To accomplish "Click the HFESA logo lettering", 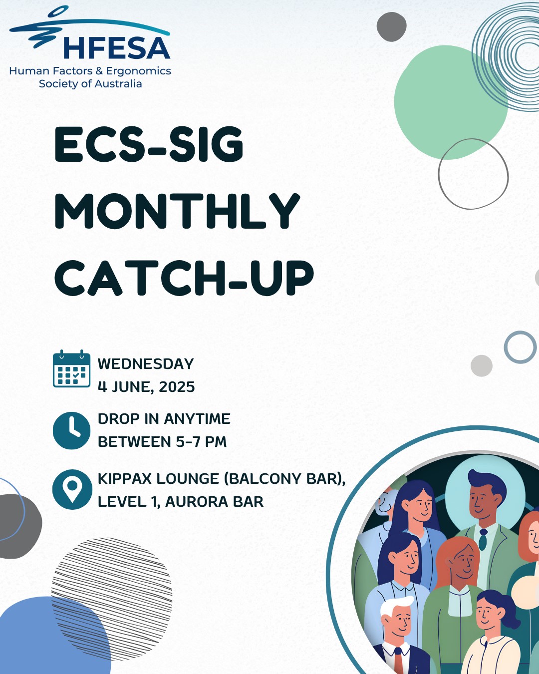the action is coord(117,48).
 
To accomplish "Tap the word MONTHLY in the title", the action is coord(177,211).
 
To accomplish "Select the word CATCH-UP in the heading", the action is coord(184,278).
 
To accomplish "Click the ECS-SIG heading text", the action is coord(149,144).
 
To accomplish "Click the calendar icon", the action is coord(72,368).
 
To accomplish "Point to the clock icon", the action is coord(72,431).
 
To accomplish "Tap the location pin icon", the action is coord(72,489).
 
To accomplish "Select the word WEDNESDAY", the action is coord(146,364).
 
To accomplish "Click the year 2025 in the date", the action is coord(177,387).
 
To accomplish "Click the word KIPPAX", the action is coord(127,479).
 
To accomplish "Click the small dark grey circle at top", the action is coord(391,26).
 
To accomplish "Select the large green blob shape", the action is coord(450,102).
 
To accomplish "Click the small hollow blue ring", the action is coord(520,347).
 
